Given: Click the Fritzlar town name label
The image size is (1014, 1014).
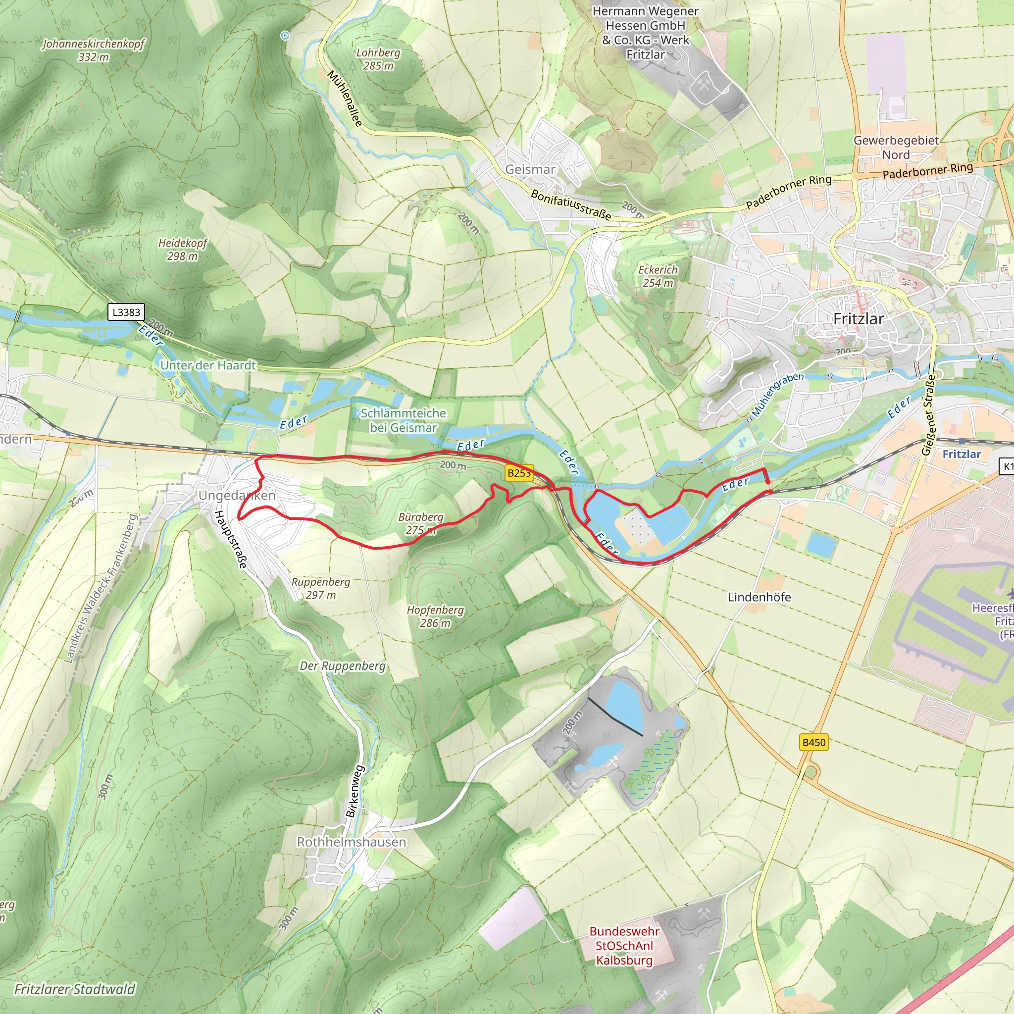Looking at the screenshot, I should coord(858,318).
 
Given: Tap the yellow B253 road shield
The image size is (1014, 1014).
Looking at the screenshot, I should coord(518,473).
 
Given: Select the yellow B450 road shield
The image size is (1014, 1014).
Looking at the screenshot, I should coord(814,742).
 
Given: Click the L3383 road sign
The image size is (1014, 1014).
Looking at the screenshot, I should coord(126,312).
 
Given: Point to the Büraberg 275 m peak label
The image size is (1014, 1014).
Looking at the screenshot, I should coord(420,523).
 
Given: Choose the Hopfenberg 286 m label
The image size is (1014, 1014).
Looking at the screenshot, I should coord(435,616).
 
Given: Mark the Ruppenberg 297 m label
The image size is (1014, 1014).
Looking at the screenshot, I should coord(321,588).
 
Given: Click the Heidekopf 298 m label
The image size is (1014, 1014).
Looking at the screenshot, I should coord(183,250).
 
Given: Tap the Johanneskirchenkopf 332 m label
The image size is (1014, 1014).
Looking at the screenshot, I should coord(94,50).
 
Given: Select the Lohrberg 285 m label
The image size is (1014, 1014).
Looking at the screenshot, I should coord(378,59).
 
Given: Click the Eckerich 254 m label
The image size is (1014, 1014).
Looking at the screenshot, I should coord(658,276).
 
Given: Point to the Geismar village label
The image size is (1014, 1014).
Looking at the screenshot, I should coord(530,169).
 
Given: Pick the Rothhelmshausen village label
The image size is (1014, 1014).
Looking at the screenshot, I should coord(351,842).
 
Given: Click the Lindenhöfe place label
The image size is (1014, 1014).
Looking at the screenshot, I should coord(759,597).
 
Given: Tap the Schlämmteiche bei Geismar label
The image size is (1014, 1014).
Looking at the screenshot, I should coord(403,420).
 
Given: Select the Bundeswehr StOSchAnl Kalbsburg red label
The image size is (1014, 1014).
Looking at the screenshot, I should coord(624,945).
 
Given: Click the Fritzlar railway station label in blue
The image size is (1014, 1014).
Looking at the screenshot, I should coord(962,454).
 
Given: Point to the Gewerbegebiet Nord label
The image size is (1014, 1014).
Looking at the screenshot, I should coord(896,148).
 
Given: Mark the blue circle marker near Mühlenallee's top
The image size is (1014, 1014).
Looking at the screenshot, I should coord(285,36).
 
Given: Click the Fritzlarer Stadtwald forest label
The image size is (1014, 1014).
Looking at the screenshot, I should coord(75,989).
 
